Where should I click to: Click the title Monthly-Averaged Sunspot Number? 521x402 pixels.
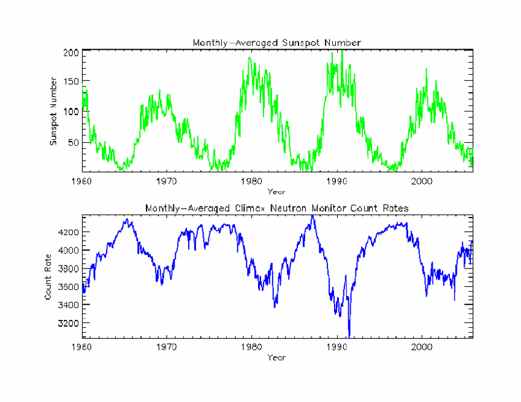[x=277, y=43]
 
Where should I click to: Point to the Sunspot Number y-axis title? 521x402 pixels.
[x=53, y=112]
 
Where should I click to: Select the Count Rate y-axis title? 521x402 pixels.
[x=48, y=277]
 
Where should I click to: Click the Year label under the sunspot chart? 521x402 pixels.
[x=276, y=192]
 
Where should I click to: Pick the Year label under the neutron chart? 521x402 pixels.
[x=276, y=357]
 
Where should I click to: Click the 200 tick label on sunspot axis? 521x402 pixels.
[x=71, y=53]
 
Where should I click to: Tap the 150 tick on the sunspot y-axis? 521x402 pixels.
[x=71, y=81]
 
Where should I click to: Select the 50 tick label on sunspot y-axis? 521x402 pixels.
[x=74, y=143]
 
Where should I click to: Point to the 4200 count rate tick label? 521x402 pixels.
[x=69, y=232]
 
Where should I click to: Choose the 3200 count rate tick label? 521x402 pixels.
[x=69, y=323]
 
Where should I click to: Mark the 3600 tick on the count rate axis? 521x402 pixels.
[x=69, y=286]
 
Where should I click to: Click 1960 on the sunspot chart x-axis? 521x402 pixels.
[x=82, y=181]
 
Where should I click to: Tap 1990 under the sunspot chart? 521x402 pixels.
[x=337, y=181]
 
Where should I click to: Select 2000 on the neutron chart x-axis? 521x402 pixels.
[x=422, y=347]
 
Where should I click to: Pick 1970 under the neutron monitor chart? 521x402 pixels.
[x=167, y=347]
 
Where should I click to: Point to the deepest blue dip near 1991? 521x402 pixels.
[x=349, y=336]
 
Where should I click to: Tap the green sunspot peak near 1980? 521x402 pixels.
[x=249, y=58]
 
